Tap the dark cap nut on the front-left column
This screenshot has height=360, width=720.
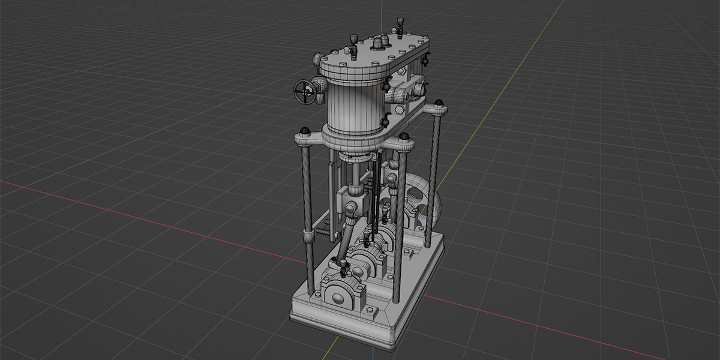pos(305,131)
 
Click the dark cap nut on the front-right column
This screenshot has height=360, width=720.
pos(404,137)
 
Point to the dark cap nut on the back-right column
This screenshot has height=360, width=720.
pos(440,103)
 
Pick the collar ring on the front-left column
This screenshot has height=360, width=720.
pos(308,235)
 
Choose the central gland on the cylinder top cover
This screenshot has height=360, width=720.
pos(378,43)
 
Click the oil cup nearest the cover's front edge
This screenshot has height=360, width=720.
pos(353,53)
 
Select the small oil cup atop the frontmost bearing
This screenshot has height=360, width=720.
pos(344,266)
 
